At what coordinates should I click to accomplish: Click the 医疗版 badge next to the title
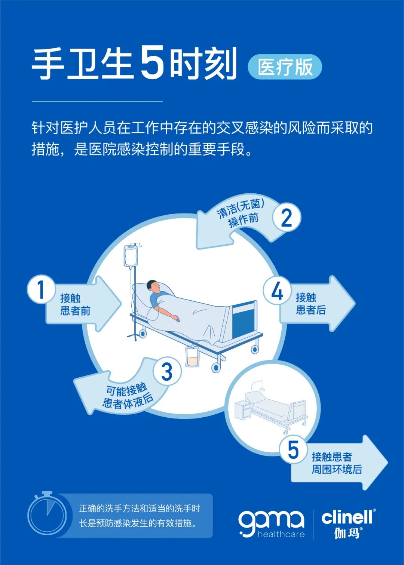[x=285, y=67]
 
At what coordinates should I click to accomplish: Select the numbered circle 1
[x=41, y=289]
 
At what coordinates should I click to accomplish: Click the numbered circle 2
[x=286, y=218]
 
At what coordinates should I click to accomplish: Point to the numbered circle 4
[x=277, y=291]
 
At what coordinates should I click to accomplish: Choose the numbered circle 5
[x=293, y=449]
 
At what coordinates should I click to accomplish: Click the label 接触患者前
[x=75, y=304]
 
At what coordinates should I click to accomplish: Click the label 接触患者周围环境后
[x=337, y=463]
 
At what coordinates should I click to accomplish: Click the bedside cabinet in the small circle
[x=242, y=410]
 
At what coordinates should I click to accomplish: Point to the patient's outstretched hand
[x=175, y=318]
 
